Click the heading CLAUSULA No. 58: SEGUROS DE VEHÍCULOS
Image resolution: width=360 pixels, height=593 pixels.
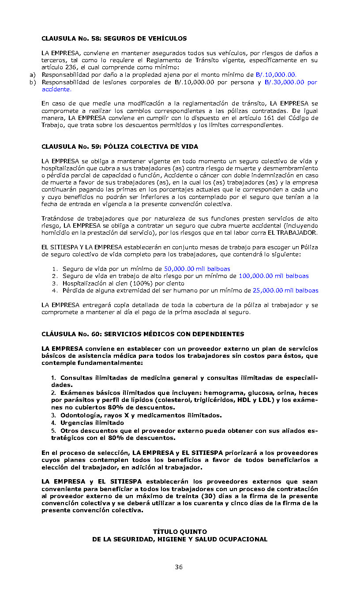point(114,38)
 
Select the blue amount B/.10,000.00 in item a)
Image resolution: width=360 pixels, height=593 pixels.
point(276,75)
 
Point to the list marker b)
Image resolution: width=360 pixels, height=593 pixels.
point(32,82)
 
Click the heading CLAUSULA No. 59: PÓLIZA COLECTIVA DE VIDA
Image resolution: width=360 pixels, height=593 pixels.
point(120,146)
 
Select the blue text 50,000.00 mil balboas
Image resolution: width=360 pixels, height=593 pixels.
point(197,269)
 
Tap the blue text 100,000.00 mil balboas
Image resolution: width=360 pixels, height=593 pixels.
point(274,276)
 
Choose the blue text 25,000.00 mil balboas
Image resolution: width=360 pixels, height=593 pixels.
point(285,290)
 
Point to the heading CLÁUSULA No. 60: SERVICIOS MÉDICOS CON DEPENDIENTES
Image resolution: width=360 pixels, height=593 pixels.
point(142,334)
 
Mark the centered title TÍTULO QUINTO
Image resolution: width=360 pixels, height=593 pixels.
point(180,532)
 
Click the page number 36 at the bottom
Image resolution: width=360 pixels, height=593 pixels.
point(179,567)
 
